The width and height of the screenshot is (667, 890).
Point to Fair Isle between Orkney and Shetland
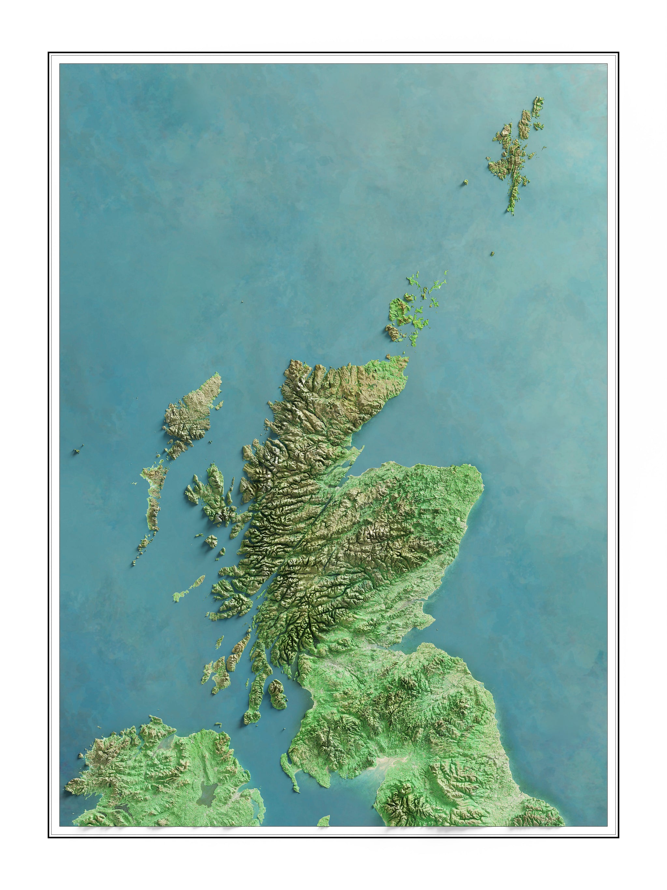492,254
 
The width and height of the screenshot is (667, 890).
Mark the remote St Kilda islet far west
77,451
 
